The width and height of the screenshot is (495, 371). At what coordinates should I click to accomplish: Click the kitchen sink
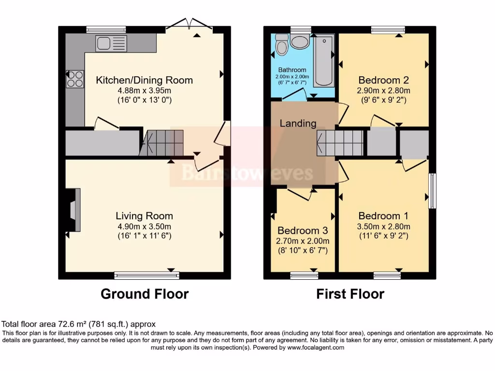tap(111, 43)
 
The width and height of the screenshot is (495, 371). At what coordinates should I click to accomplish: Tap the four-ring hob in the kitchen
tap(75, 79)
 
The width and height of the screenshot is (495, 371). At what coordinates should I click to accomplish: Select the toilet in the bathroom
tap(282, 44)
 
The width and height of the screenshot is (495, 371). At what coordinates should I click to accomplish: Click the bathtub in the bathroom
tap(323, 60)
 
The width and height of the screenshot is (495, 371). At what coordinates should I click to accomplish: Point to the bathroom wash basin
tap(300, 42)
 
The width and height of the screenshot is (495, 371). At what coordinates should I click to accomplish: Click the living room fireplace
tap(73, 210)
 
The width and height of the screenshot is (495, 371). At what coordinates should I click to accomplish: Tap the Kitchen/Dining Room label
tap(144, 80)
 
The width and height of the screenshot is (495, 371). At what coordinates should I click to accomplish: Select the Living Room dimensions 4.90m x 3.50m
tap(144, 227)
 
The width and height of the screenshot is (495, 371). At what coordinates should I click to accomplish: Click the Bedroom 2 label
tap(383, 80)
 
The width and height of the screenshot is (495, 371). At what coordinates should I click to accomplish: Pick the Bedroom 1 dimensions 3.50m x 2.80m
tap(383, 227)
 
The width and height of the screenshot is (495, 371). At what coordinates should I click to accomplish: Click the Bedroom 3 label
tap(303, 230)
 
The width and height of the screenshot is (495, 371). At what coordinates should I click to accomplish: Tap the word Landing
tap(298, 123)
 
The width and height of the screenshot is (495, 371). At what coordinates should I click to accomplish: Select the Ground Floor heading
tap(145, 294)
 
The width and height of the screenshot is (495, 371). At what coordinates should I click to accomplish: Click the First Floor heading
tap(350, 294)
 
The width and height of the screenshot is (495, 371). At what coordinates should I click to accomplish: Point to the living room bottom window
tap(147, 275)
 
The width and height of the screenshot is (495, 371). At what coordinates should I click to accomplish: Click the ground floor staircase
tap(161, 143)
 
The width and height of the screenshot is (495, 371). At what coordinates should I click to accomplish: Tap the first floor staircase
tap(340, 143)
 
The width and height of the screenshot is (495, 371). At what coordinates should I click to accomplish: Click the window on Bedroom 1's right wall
tap(432, 190)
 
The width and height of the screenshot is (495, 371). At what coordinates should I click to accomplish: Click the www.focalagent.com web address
tap(316, 347)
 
